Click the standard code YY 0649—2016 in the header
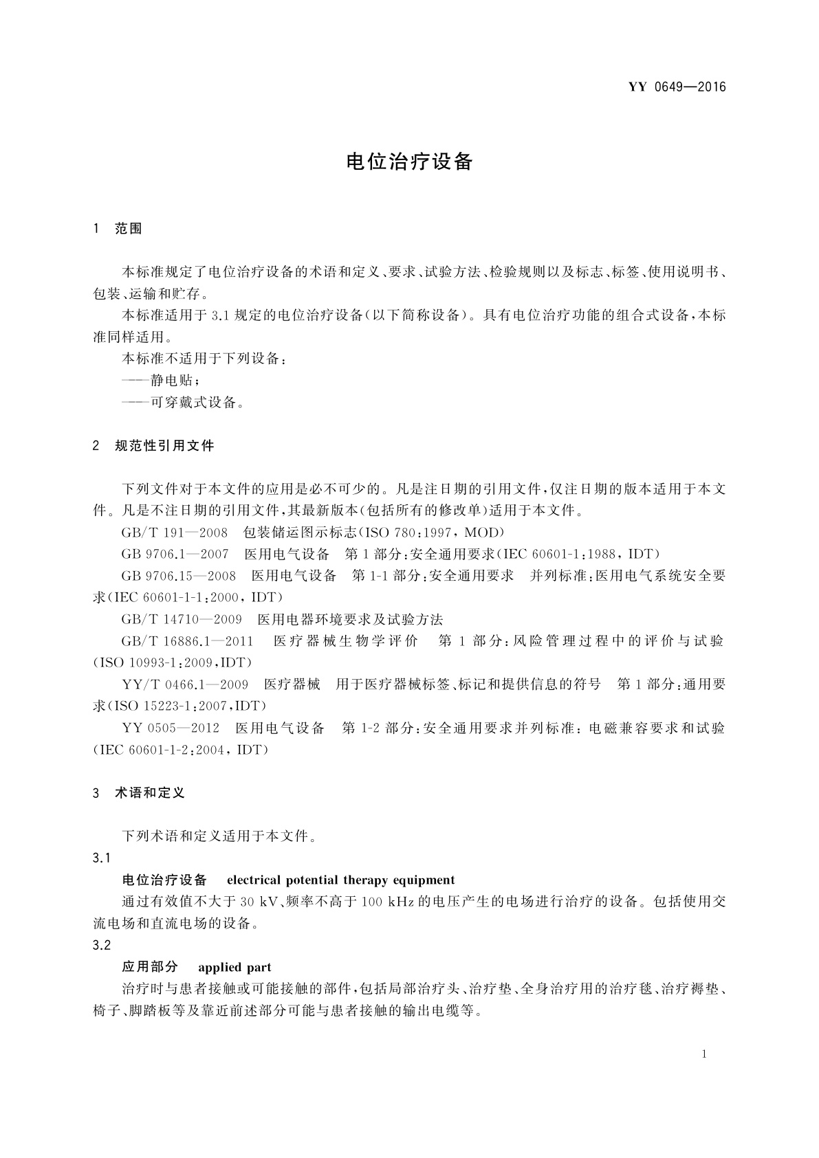click(677, 87)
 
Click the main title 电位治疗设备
click(409, 162)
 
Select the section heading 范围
click(128, 230)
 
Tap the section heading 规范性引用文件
click(164, 446)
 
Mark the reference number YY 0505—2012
click(171, 728)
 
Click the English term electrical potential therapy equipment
click(340, 880)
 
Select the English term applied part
click(234, 968)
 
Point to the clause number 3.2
click(101, 946)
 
